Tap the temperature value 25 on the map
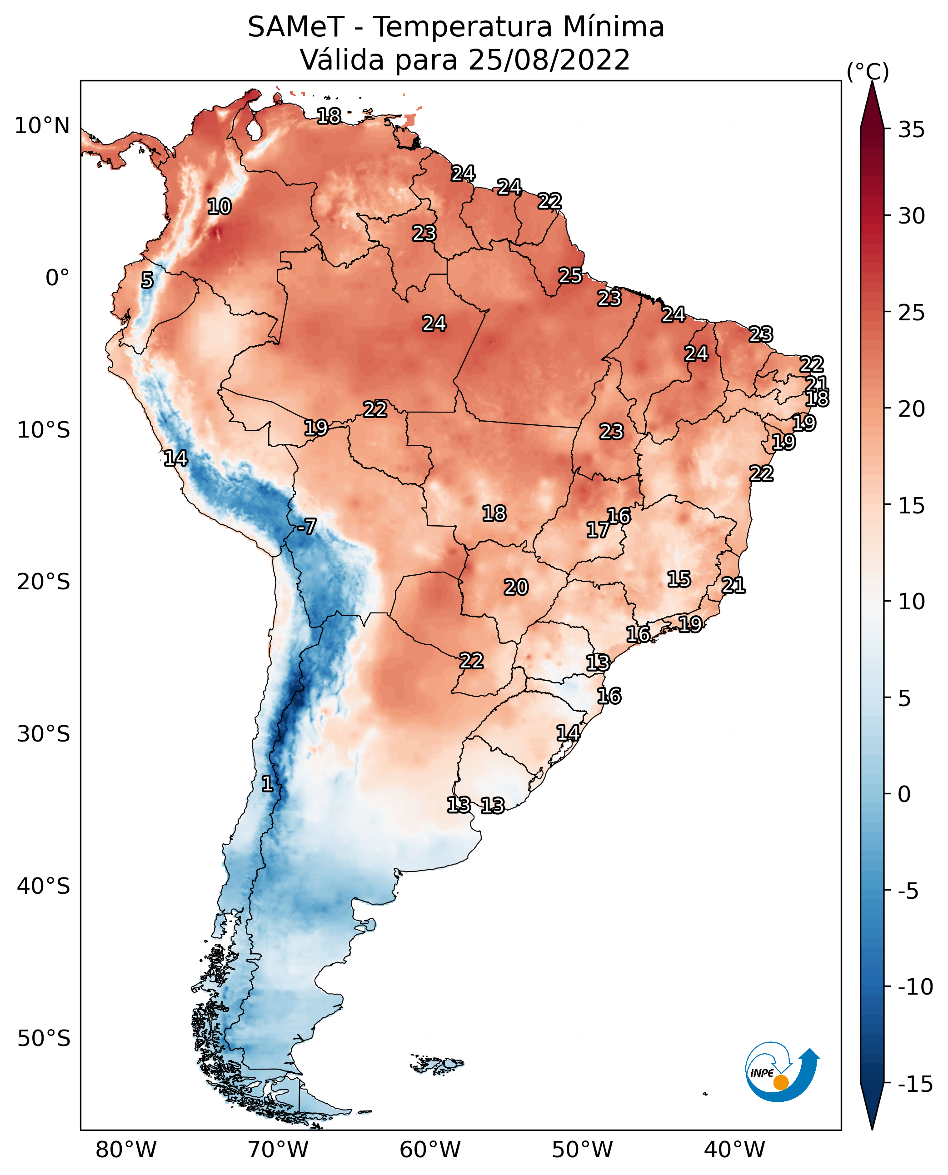click(x=570, y=276)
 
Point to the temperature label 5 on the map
click(x=147, y=280)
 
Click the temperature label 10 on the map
click(x=219, y=206)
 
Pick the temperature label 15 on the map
click(x=679, y=579)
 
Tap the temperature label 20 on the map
click(x=515, y=587)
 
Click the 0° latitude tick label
click(x=57, y=278)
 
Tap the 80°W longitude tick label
click(x=126, y=1150)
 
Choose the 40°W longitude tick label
click(x=734, y=1150)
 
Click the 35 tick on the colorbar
click(x=911, y=130)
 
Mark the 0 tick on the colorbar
click(x=904, y=794)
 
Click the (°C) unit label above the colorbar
click(x=868, y=71)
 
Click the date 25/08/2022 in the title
click(x=549, y=60)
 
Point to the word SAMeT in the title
click(x=296, y=27)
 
